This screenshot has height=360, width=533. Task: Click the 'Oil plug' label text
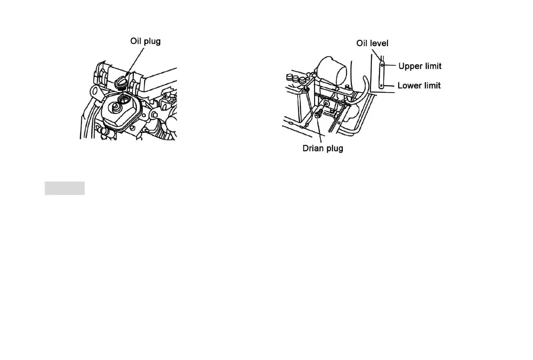[145, 41]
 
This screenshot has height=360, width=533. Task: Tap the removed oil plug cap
[121, 81]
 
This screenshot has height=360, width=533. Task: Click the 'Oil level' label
[372, 43]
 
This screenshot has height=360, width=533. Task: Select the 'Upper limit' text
[420, 66]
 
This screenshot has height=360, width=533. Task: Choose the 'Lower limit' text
[419, 85]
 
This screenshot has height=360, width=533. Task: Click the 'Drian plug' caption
[322, 148]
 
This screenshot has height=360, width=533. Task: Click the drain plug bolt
[317, 115]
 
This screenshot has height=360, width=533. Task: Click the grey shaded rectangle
[64, 188]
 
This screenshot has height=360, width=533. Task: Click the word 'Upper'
[409, 66]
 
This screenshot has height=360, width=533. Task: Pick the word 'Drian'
[312, 148]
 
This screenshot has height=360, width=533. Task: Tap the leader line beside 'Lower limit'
[390, 85]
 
